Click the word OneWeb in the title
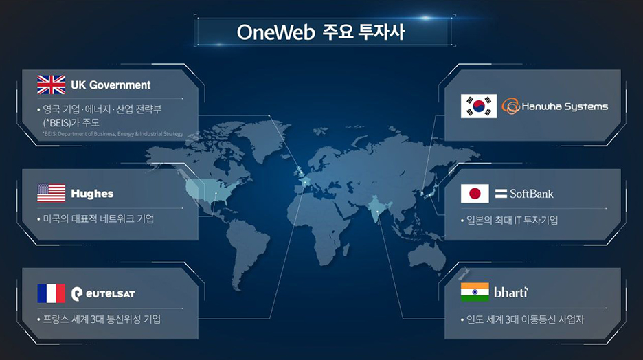click(276, 32)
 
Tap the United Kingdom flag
click(52, 85)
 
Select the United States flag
click(52, 193)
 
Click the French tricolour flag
click(52, 293)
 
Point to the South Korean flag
click(479, 106)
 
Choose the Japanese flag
click(475, 194)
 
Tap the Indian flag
click(475, 292)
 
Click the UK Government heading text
click(111, 85)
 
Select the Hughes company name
click(92, 194)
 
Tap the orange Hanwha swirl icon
click(510, 106)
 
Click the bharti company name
click(511, 293)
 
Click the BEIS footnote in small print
click(113, 134)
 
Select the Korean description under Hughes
click(98, 218)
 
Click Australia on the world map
click(427, 256)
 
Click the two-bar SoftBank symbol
click(501, 194)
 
